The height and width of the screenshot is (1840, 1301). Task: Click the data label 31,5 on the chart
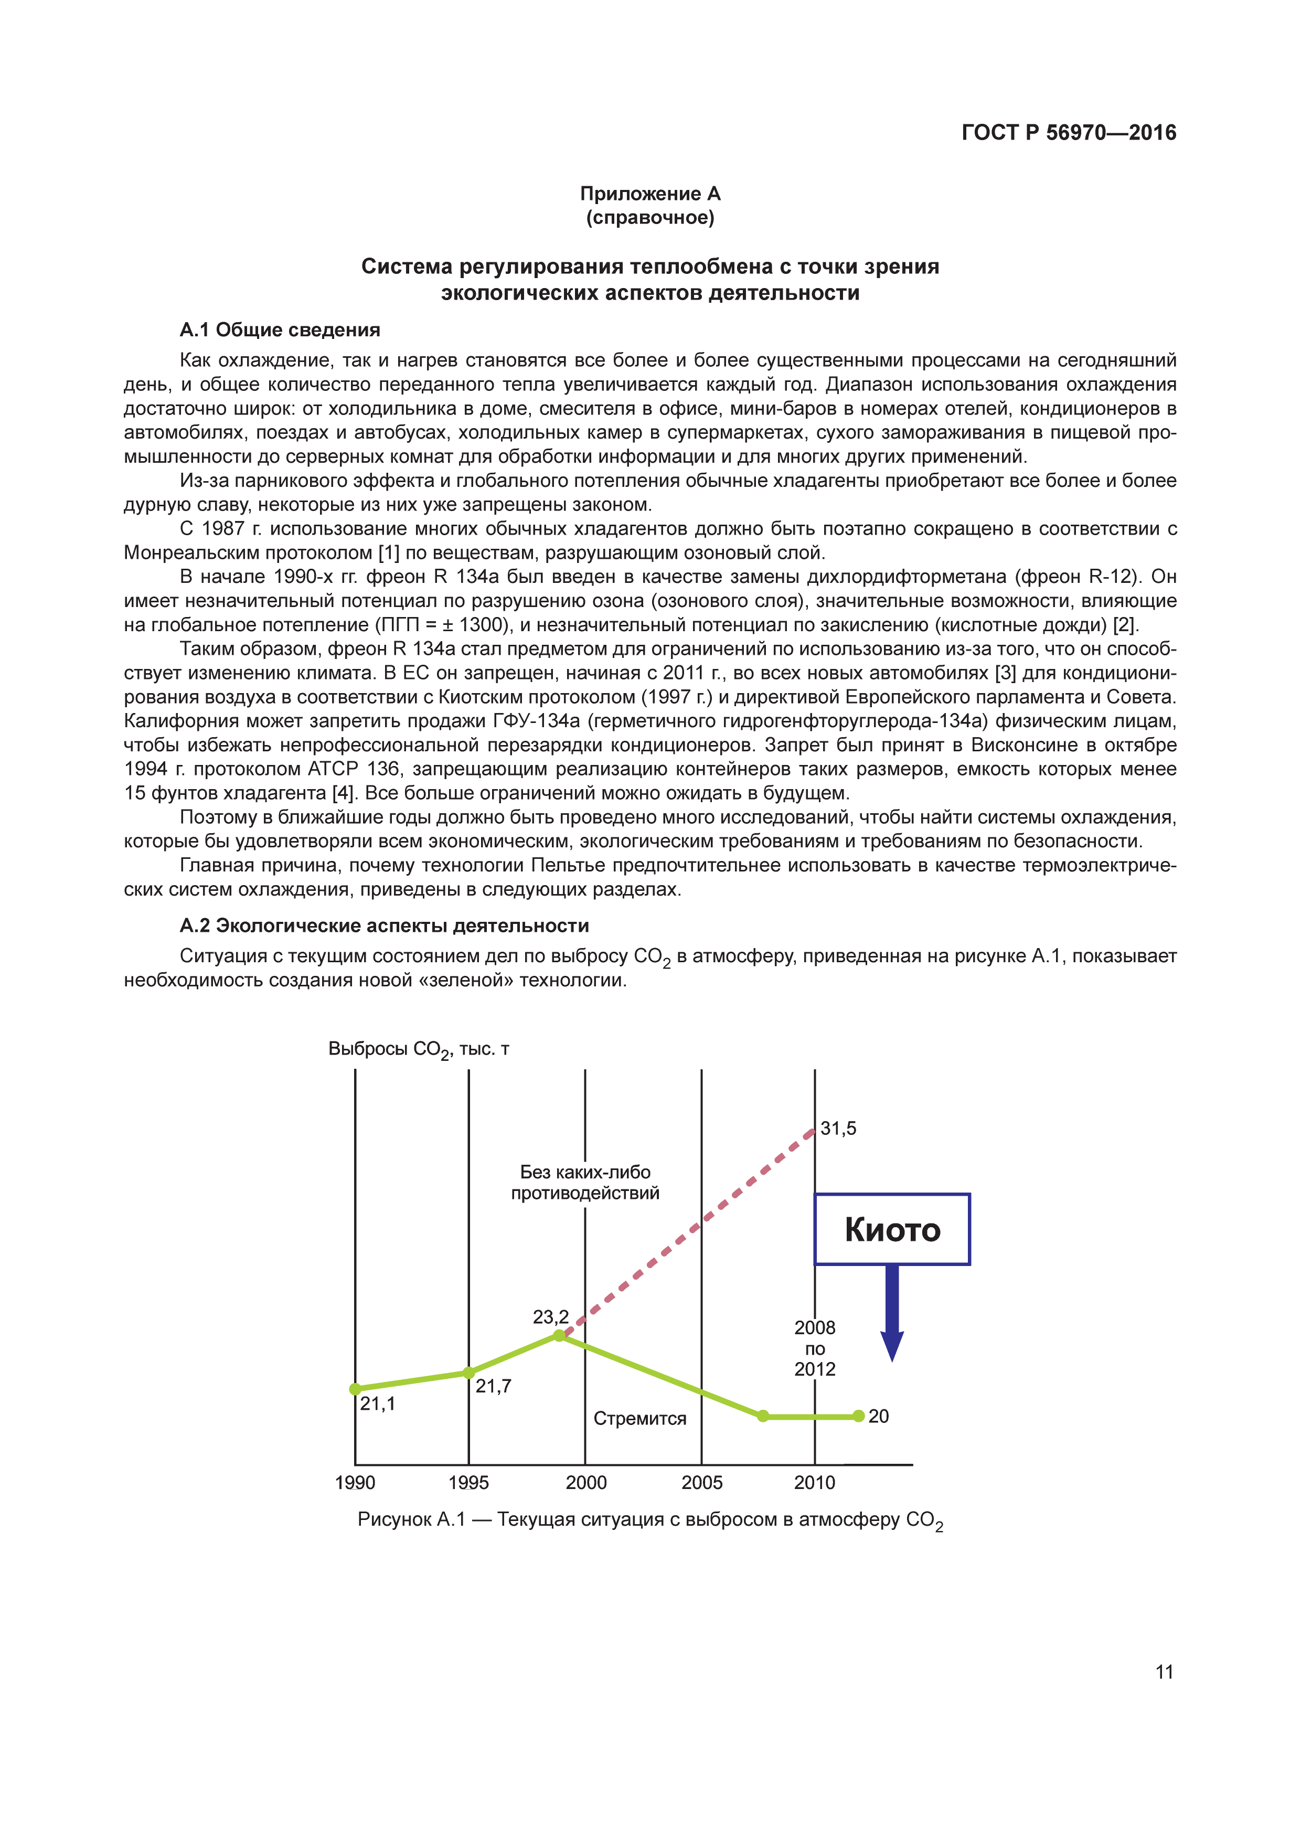(x=838, y=1129)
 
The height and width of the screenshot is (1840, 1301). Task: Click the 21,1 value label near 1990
(x=377, y=1403)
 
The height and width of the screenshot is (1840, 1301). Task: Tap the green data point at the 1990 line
(x=356, y=1389)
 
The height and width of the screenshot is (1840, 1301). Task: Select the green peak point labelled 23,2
(x=559, y=1335)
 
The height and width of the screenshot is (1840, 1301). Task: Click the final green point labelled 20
(x=859, y=1416)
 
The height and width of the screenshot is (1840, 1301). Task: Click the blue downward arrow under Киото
(x=892, y=1314)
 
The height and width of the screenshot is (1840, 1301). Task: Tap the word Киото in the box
(x=892, y=1229)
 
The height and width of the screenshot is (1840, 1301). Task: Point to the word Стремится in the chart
(x=639, y=1419)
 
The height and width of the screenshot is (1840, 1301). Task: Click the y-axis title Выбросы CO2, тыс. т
(x=418, y=1049)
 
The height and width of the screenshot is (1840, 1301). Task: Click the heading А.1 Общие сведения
(x=280, y=329)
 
